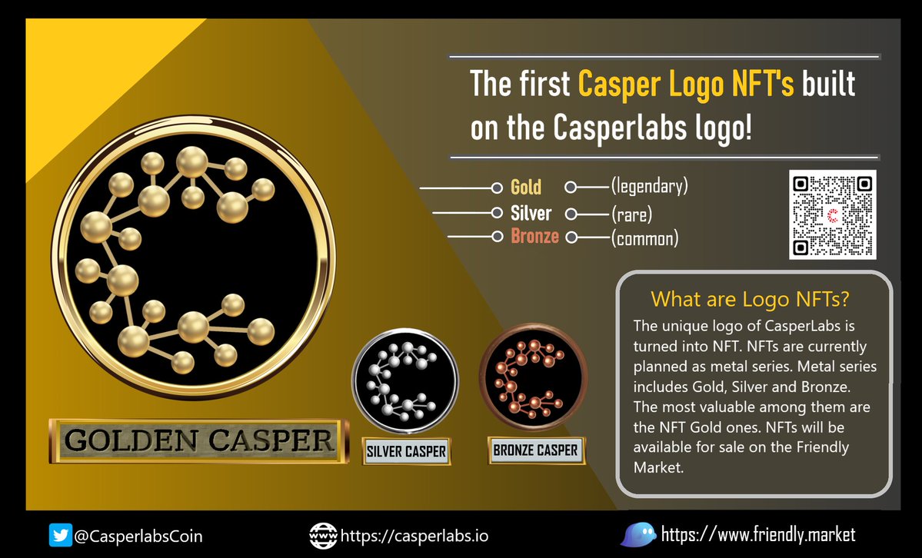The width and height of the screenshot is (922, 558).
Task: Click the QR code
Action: [x=832, y=215]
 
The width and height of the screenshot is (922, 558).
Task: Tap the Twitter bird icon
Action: [x=60, y=535]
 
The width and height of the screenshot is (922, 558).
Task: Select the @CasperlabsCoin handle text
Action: [x=138, y=536]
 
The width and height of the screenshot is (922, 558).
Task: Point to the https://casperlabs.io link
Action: [x=414, y=536]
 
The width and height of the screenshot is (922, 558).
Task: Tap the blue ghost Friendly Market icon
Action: [x=637, y=535]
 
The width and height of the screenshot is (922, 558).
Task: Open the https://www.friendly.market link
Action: [x=758, y=534]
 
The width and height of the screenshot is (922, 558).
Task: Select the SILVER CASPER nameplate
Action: [x=406, y=451]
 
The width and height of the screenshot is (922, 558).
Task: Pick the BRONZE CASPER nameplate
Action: [x=537, y=450]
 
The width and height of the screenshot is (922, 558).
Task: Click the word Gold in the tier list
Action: [x=526, y=187]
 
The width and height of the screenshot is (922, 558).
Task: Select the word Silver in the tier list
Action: [x=531, y=213]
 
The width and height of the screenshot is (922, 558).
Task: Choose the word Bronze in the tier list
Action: [x=535, y=237]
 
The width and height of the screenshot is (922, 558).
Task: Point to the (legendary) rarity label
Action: [x=649, y=186]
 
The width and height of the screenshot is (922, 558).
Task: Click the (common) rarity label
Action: [x=644, y=238]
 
